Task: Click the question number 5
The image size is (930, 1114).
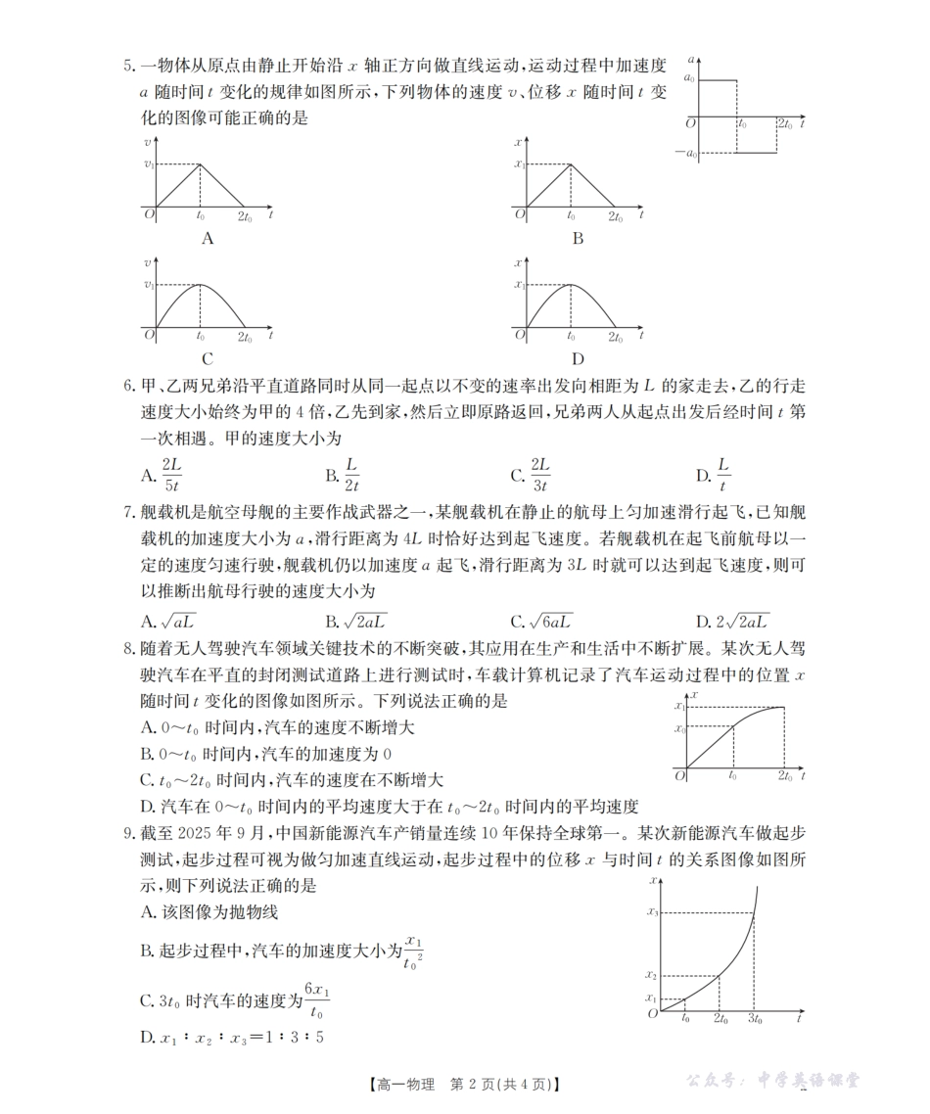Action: tap(128, 67)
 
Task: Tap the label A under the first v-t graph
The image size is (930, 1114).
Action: tap(207, 238)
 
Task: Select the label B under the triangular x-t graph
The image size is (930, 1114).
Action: tap(578, 238)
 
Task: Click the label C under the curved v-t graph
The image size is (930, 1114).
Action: tap(207, 358)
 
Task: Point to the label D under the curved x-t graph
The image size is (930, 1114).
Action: tap(578, 358)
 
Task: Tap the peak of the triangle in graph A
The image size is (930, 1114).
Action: tap(201, 163)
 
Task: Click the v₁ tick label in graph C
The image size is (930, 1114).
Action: tap(149, 285)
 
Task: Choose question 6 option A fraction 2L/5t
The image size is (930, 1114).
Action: tap(171, 475)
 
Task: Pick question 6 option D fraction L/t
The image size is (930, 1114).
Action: tap(723, 475)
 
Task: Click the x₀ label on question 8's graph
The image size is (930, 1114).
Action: tap(678, 727)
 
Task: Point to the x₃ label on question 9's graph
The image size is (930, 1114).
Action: tap(653, 912)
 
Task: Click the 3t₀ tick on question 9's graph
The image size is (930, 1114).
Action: tap(755, 1019)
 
